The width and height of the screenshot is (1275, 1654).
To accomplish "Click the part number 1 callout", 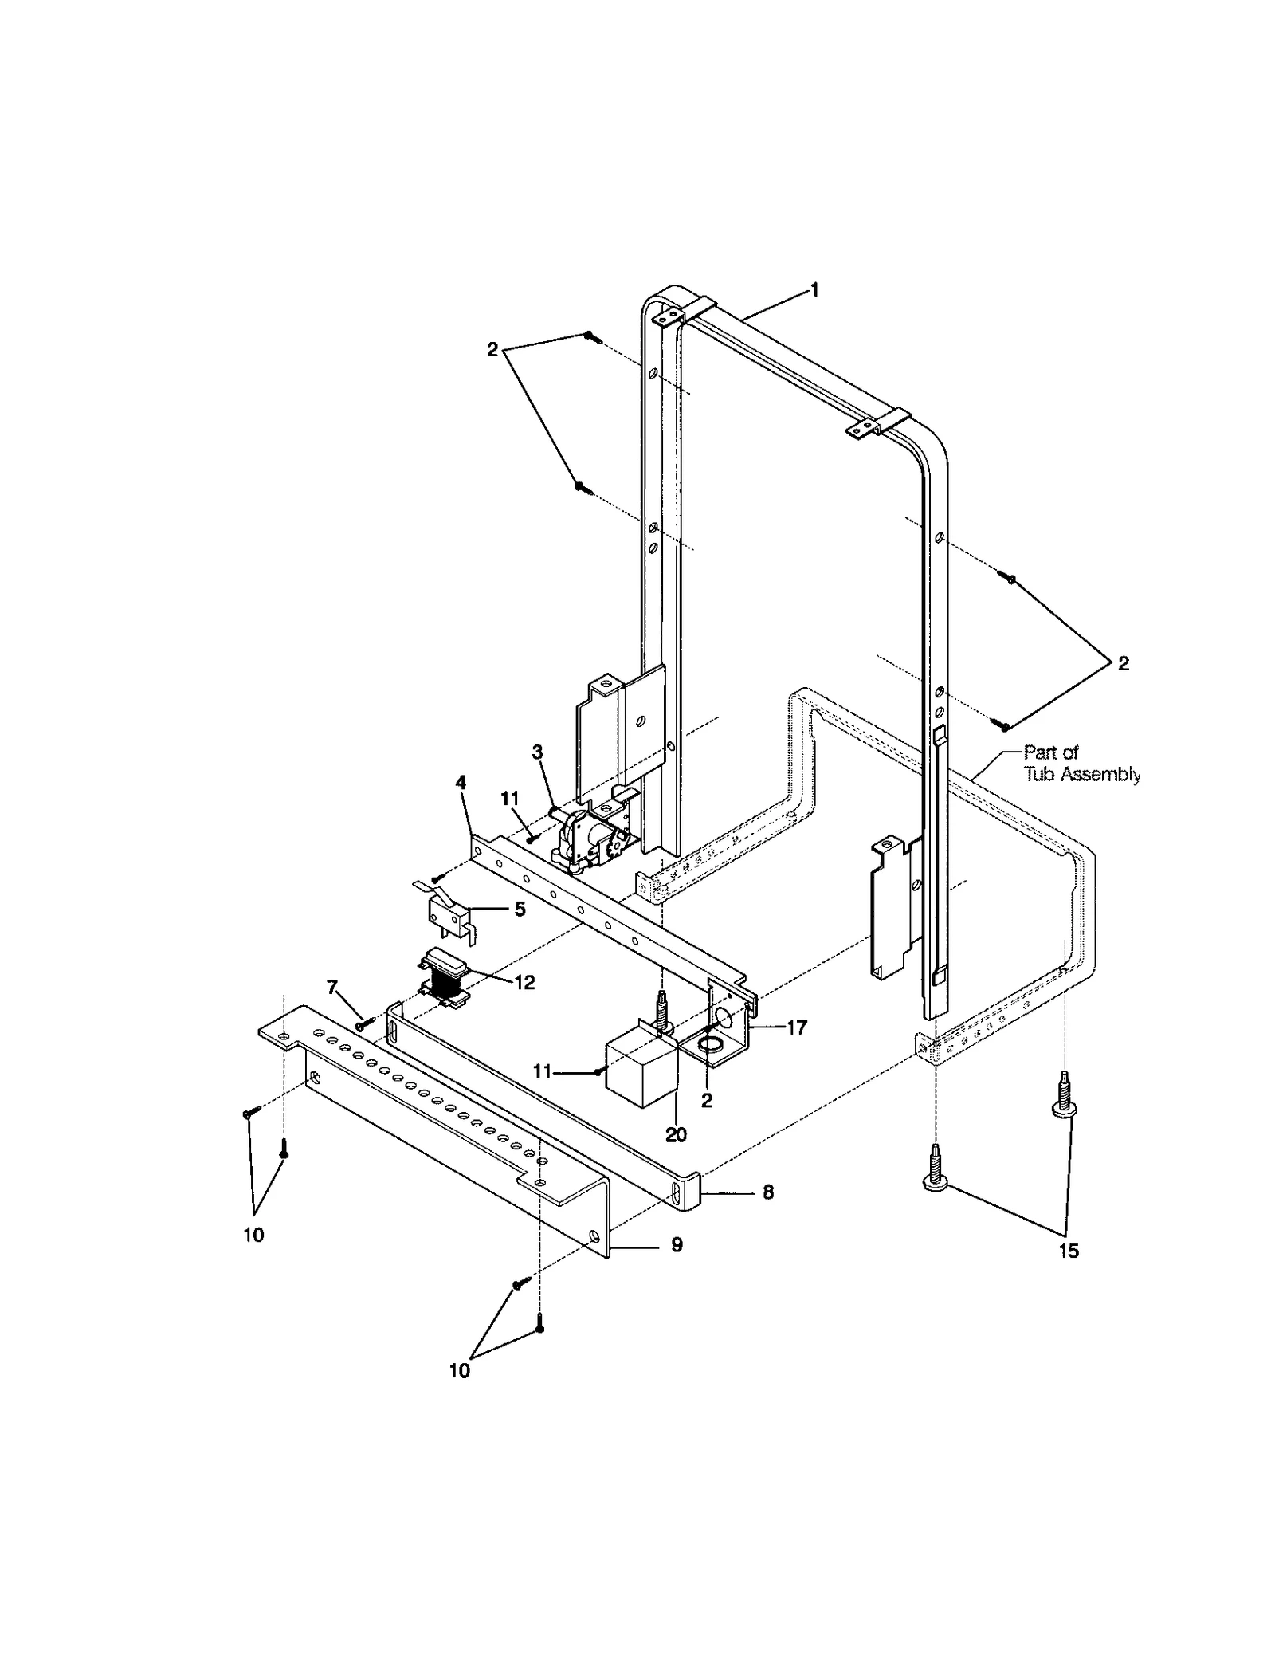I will tap(814, 290).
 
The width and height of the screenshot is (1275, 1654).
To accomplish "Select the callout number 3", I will tap(537, 752).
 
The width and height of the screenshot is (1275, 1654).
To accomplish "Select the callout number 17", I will tap(796, 1027).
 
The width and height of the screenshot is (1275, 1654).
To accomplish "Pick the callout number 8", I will tap(767, 1194).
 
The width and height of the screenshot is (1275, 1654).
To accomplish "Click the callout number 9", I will tap(676, 1245).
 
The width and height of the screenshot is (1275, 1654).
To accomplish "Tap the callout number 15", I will tap(1068, 1251).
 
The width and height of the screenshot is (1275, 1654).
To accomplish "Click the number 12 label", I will tap(524, 983).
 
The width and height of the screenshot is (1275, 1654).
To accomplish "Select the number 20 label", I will tap(676, 1134).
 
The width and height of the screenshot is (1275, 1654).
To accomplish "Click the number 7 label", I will tap(332, 988).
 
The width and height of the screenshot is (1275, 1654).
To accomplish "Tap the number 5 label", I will tap(520, 909).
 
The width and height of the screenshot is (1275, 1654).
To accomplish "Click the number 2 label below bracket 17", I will tap(706, 1102).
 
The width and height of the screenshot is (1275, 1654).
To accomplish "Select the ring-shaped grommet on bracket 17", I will tap(709, 1044).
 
